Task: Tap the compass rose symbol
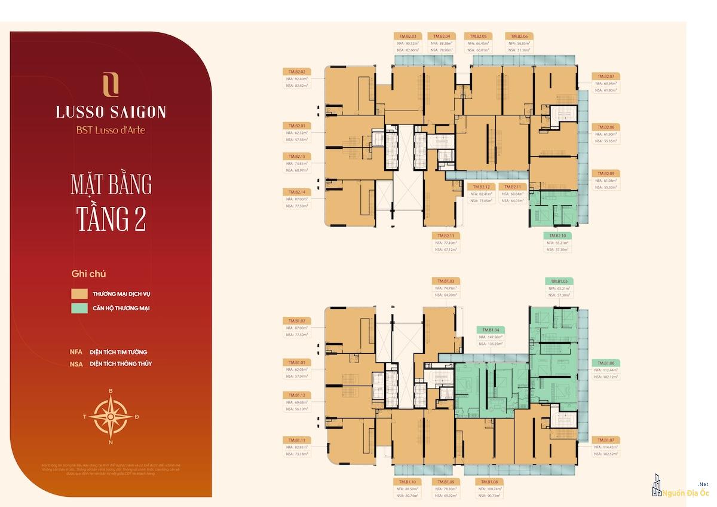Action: point(111,416)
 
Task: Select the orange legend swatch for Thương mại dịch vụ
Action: point(79,294)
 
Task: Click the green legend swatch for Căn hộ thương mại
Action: point(79,309)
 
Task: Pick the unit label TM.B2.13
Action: point(446,236)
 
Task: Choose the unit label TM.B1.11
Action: point(296,440)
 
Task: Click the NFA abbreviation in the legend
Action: point(76,352)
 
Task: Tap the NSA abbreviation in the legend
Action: point(76,364)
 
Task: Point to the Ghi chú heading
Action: point(88,274)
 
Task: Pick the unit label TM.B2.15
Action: point(296,156)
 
